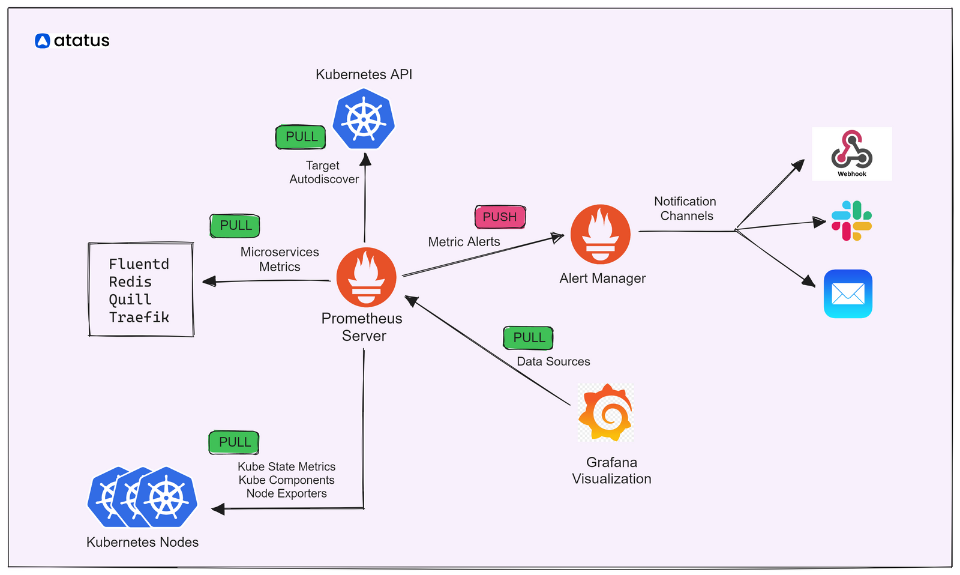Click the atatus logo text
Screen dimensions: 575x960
81,41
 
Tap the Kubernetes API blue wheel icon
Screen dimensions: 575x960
364,119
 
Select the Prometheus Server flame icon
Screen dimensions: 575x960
366,277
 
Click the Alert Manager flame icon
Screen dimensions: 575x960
600,234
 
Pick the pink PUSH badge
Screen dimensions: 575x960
500,217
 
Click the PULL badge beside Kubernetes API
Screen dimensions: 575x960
301,137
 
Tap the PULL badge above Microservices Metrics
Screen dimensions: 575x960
235,226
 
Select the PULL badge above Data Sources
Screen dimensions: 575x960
529,338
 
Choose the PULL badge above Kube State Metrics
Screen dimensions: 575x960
234,442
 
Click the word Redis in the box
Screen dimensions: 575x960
130,282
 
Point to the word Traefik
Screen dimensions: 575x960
139,318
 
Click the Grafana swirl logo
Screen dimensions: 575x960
605,413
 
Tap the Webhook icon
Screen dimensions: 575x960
851,153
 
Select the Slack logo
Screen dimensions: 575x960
851,221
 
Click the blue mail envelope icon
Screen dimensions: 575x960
848,294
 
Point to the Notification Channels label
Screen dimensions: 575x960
685,209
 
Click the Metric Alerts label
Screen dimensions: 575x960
464,242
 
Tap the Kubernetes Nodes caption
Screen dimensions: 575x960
142,543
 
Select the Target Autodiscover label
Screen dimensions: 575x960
323,172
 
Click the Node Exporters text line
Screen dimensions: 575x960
286,494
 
